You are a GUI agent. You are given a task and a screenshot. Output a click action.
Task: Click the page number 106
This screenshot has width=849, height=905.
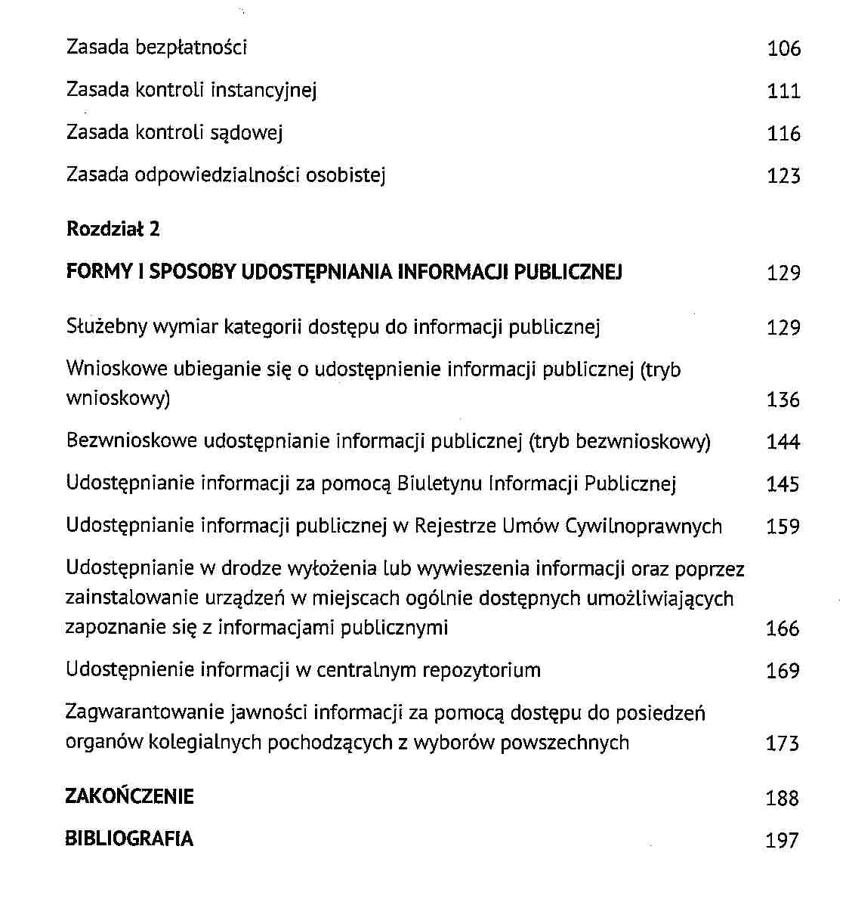(783, 49)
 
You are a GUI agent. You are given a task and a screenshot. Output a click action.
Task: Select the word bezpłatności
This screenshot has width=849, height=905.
(191, 48)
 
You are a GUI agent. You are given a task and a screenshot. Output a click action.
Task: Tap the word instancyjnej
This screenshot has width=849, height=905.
(264, 91)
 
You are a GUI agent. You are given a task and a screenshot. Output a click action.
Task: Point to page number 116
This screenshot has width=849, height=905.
(783, 134)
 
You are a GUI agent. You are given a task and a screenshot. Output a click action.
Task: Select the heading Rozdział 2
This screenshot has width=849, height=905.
(113, 229)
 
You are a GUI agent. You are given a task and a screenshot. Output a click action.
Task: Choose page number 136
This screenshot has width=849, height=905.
(783, 400)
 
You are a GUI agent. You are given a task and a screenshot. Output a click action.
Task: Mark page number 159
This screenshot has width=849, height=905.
(783, 527)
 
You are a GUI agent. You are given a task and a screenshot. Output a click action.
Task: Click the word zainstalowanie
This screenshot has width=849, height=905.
(132, 598)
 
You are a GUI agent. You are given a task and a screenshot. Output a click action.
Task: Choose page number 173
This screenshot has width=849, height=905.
(783, 743)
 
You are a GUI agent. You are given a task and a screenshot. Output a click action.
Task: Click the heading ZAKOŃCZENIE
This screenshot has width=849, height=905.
(130, 797)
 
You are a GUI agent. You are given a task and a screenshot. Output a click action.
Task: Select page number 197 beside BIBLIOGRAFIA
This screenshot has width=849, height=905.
(783, 840)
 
